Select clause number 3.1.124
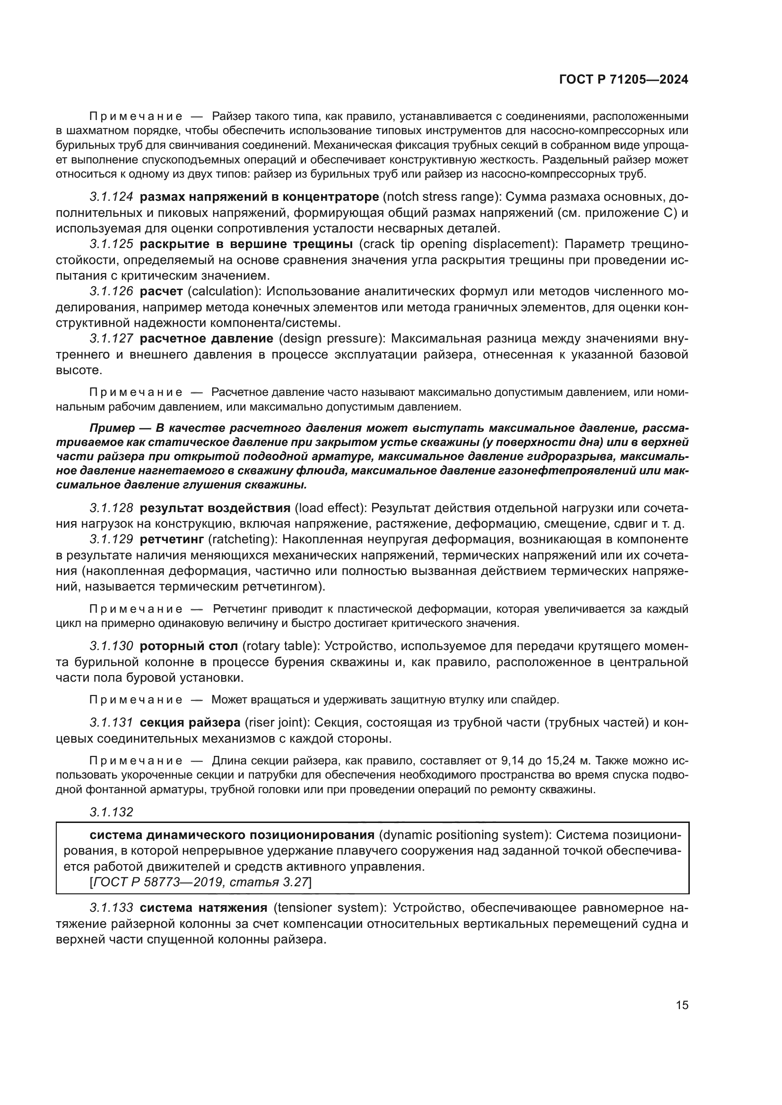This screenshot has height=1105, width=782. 111,197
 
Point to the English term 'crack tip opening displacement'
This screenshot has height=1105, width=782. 458,244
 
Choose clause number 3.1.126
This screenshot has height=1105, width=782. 111,291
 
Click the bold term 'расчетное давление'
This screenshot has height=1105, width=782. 207,338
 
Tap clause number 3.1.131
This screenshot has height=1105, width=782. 111,722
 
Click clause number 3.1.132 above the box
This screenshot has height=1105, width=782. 111,812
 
